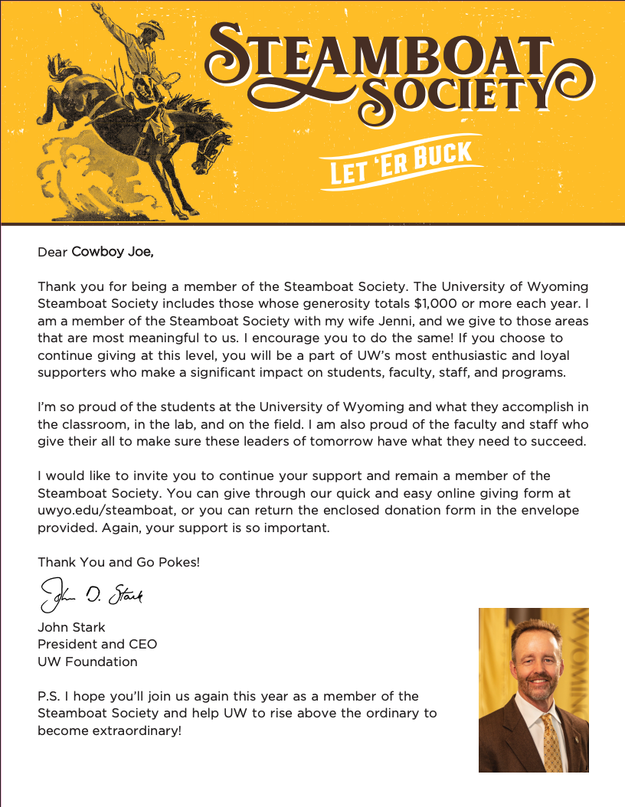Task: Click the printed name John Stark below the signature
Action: tap(71, 627)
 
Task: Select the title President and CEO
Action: tap(97, 644)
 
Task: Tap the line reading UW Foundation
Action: tap(87, 661)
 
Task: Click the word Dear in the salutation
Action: tap(52, 251)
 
